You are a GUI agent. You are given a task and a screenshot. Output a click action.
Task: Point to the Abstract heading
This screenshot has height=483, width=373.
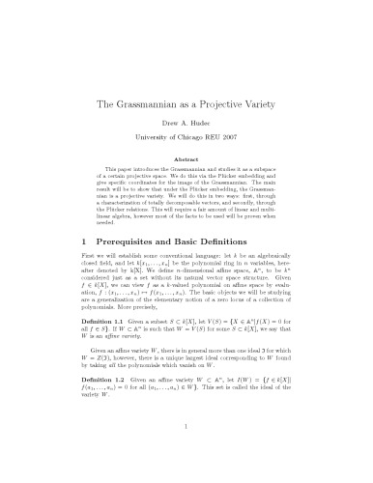186,164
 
